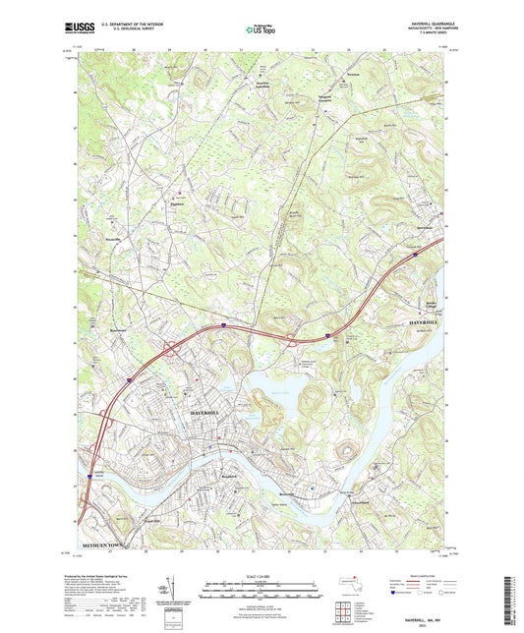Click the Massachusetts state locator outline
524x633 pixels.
pyautogui.click(x=346, y=583)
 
